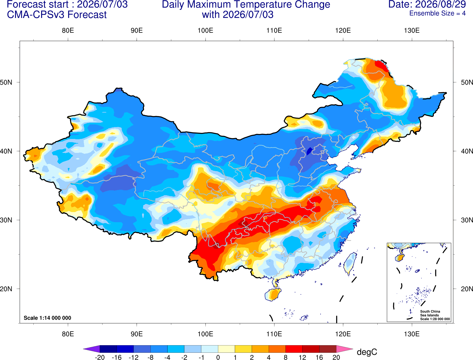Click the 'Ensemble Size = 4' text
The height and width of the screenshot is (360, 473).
[437, 13]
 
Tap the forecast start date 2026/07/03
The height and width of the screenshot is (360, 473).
[102, 4]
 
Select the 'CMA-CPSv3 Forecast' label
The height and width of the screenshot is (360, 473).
[57, 15]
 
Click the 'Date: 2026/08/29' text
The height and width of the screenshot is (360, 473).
[427, 4]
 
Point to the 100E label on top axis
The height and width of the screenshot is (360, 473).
[205, 30]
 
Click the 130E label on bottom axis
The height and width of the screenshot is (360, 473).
[412, 334]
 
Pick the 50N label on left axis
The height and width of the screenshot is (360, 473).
[6, 82]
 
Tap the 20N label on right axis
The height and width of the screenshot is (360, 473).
[467, 289]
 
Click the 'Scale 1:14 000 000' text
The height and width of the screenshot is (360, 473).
[48, 318]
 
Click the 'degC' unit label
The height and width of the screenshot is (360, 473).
[367, 352]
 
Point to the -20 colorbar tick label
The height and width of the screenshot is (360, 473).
[100, 357]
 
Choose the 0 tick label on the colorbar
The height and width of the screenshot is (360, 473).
[218, 357]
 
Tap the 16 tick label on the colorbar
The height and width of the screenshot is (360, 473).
[319, 357]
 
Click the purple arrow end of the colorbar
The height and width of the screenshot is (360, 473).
[92, 349]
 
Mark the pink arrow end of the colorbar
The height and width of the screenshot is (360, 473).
[345, 349]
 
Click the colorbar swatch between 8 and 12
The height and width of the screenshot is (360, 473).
[294, 349]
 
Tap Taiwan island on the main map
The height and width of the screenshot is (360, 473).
[350, 264]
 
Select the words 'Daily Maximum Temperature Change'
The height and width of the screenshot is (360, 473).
[246, 4]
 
